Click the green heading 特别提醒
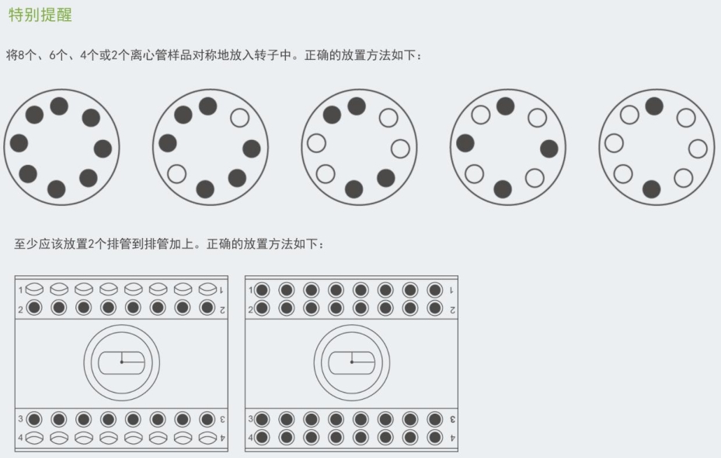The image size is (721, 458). pos(40,15)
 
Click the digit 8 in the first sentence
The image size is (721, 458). pos(22,55)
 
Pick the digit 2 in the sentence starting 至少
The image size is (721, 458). pos(91,244)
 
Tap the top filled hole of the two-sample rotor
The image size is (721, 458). pos(654,107)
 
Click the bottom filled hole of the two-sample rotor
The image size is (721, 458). pos(652,189)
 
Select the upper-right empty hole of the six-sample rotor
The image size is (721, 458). pos(239,118)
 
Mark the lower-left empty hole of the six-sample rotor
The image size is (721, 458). pos(177,174)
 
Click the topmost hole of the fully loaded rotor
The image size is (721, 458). pos(59,107)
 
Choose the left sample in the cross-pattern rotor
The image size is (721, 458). pos(465,143)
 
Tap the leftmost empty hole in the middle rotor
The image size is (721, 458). pos(316,143)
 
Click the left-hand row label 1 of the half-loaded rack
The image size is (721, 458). pos(20,290)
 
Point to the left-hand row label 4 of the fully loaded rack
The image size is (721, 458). pos(250,437)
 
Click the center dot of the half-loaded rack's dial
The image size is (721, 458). pos(122,362)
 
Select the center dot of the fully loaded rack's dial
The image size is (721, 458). pos(352,362)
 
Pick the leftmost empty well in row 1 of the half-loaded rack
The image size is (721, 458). pos(34,289)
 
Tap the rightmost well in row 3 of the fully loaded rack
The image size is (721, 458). pos(434,419)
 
